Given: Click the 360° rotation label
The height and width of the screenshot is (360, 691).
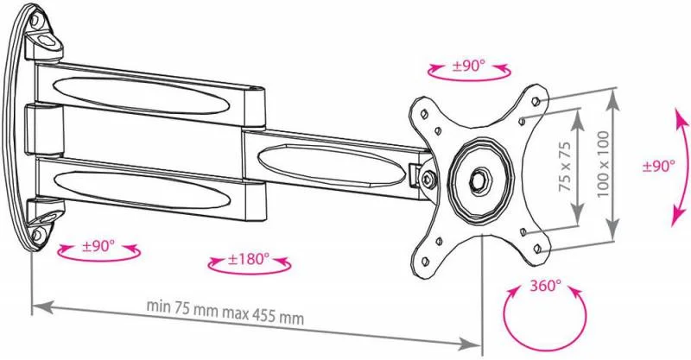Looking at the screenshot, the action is pos(545,286).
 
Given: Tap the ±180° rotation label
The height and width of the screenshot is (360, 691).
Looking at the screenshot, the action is pos(249,259).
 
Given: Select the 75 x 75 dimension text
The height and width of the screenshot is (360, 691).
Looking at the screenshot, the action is pos(565,166).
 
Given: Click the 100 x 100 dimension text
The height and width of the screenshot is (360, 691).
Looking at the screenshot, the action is pos(603,164).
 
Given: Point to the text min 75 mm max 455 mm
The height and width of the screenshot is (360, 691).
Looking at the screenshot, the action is pos(225,311).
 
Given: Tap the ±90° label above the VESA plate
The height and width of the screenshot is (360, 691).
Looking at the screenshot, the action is pos(468,66).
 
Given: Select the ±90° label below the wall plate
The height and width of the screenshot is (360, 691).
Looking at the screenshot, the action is pos(98,246).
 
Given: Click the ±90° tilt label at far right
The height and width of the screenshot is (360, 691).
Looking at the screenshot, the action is pos(659,166).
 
